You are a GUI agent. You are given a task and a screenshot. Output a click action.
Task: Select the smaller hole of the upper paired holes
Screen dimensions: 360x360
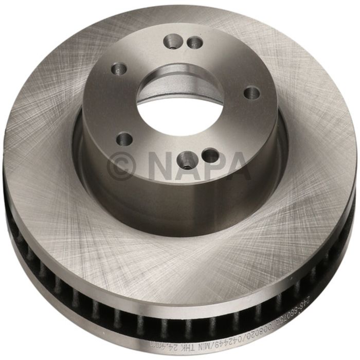pos(193,43)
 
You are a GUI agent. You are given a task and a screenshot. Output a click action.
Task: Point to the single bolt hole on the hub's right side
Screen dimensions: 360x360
pos(251,93)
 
